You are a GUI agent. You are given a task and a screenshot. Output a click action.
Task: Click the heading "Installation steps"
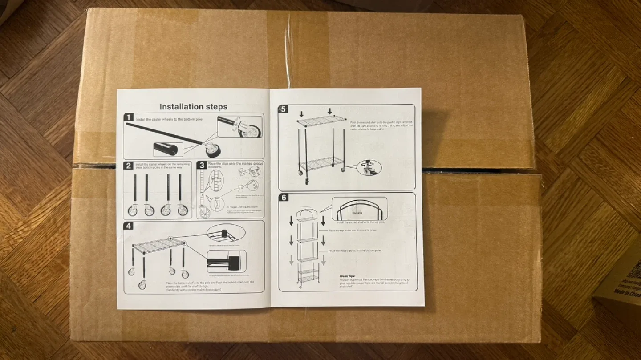[193, 107]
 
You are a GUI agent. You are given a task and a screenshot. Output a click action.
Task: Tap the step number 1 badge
[129, 117]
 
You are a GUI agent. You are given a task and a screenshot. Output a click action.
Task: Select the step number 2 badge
[129, 166]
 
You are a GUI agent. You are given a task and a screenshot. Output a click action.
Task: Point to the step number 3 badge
[202, 165]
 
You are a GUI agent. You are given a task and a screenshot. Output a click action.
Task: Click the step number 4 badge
[129, 226]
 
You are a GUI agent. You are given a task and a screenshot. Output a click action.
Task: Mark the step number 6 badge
[284, 198]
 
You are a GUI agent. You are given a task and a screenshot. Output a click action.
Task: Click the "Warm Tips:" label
[349, 276]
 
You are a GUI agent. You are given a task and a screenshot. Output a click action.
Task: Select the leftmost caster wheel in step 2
[133, 210]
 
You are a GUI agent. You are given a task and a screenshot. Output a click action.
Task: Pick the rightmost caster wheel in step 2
[183, 210]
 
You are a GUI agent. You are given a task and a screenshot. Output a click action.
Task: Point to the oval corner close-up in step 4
[226, 233]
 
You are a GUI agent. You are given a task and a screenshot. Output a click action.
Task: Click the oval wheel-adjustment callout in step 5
[369, 167]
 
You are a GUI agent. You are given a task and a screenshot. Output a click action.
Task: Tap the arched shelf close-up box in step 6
[360, 209]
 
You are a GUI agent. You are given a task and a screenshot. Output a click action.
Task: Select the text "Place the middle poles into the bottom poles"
[355, 251]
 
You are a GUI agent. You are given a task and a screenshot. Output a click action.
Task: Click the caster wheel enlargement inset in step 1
[239, 126]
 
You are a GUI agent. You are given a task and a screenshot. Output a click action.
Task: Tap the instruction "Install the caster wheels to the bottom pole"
[169, 120]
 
